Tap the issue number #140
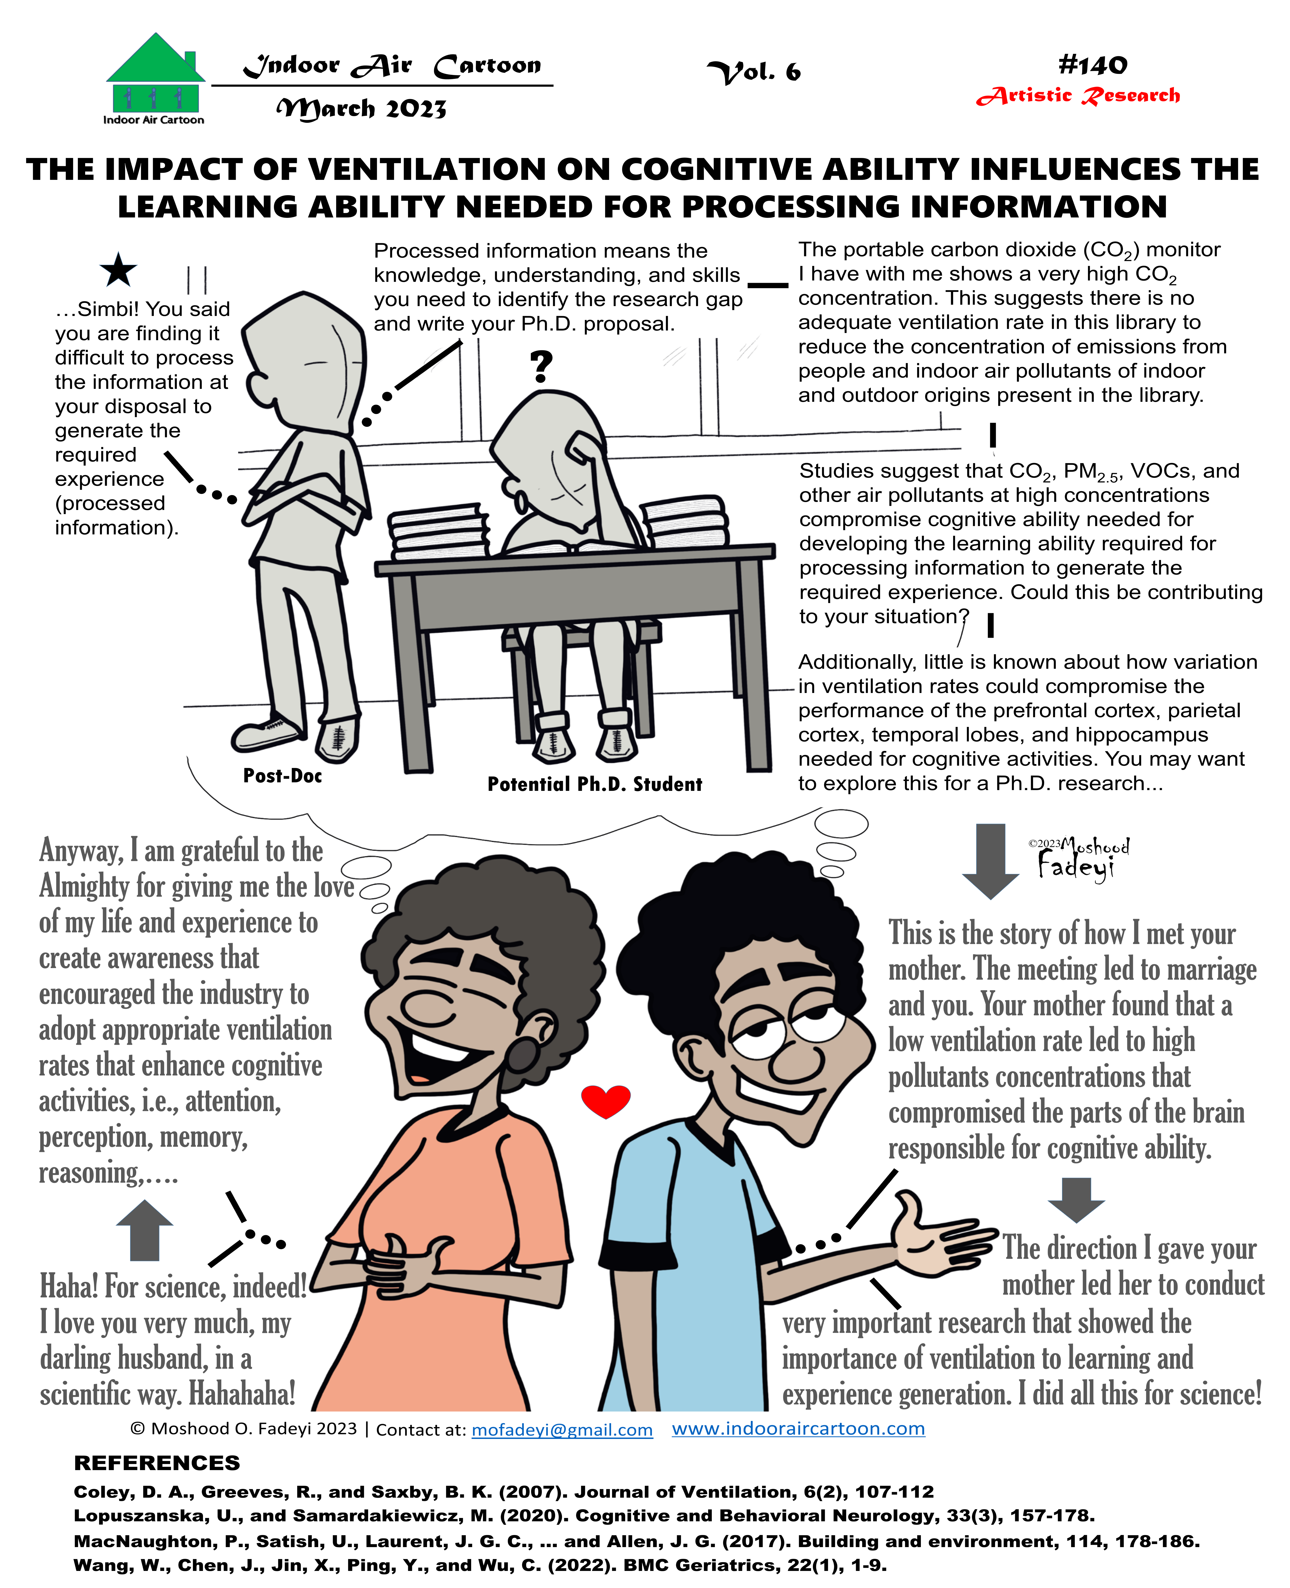(x=1092, y=65)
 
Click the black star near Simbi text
(x=118, y=271)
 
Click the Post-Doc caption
(x=282, y=776)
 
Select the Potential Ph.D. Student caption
(x=594, y=784)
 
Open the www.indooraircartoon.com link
(x=798, y=1428)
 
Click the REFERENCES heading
(x=157, y=1463)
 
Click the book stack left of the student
(x=438, y=531)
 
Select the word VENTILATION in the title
(x=427, y=170)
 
